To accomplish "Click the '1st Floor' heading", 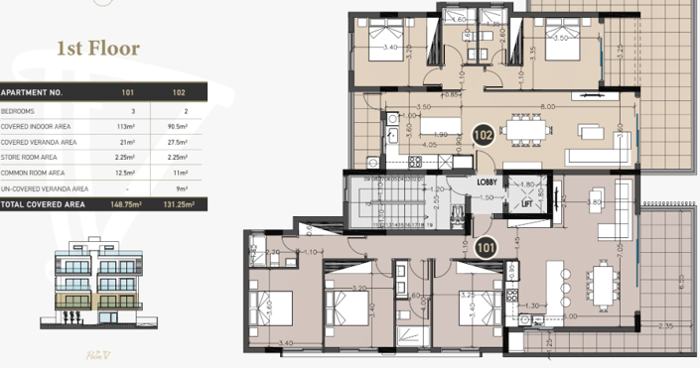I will [98, 48].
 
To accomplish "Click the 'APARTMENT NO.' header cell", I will [35, 91].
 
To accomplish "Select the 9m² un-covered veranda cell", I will [180, 188].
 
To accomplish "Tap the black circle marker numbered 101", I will [487, 249].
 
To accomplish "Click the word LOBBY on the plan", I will [488, 183].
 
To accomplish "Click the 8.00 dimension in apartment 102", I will [547, 106].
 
